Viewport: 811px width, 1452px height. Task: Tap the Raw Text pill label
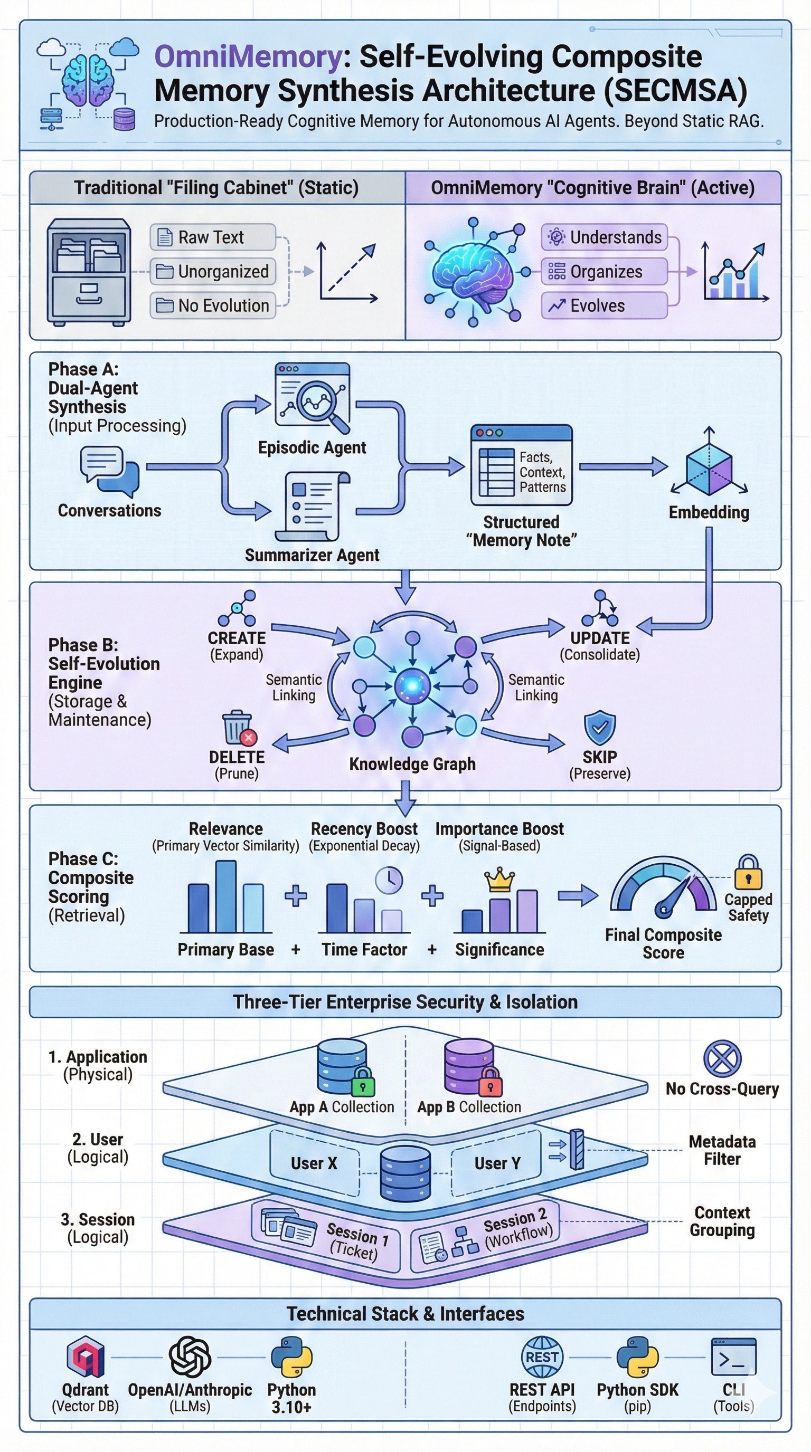coord(212,237)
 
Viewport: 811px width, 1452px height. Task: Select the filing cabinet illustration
coord(89,272)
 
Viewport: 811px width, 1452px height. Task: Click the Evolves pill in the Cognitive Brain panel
coord(603,305)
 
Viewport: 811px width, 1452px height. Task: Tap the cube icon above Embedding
coord(709,467)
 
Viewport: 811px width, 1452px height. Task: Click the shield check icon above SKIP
coord(599,728)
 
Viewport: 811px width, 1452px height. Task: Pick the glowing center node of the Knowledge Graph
coord(412,686)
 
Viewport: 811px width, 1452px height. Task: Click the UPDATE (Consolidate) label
coord(599,645)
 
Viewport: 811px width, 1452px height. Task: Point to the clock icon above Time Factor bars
coord(389,880)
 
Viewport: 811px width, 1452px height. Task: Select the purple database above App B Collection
coord(469,1066)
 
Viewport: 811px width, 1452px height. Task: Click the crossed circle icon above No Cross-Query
coord(722,1058)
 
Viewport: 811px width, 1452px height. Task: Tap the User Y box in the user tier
coord(496,1163)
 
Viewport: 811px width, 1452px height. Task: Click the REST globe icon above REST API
coord(542,1357)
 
